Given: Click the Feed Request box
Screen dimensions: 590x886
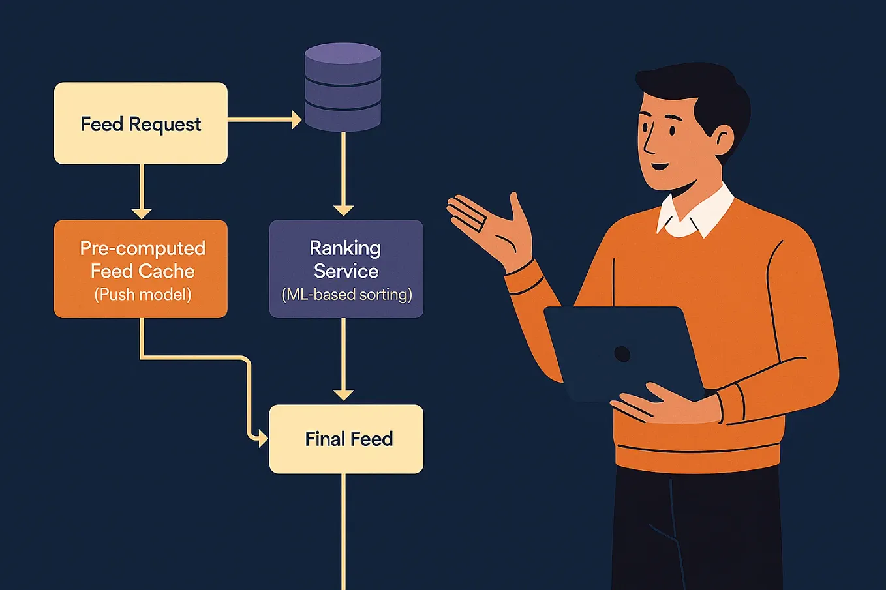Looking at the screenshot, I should (x=140, y=123).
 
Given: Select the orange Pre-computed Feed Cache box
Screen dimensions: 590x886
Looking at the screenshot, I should (x=140, y=269).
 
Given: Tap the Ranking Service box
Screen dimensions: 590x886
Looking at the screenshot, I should (x=346, y=269).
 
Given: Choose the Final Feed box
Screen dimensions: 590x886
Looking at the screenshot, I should (x=346, y=439).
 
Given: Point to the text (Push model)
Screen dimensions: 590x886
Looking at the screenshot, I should (x=143, y=295).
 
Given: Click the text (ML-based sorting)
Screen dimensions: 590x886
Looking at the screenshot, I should (x=346, y=295).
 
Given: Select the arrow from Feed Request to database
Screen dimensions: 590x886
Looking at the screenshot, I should (x=261, y=119).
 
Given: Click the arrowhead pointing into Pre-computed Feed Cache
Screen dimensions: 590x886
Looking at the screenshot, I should (x=142, y=213).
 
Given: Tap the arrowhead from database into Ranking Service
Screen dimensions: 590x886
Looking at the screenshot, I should (x=343, y=210).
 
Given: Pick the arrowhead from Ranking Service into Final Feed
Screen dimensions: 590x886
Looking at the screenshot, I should (x=343, y=394).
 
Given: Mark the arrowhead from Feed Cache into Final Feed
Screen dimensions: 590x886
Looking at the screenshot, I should (x=263, y=439).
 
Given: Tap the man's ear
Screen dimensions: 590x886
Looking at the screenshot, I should (x=723, y=140).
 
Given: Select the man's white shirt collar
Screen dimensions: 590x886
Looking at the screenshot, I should (x=695, y=212).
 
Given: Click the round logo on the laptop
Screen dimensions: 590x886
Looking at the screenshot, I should (x=622, y=354).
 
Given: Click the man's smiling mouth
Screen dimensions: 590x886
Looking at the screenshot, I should (x=660, y=166).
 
